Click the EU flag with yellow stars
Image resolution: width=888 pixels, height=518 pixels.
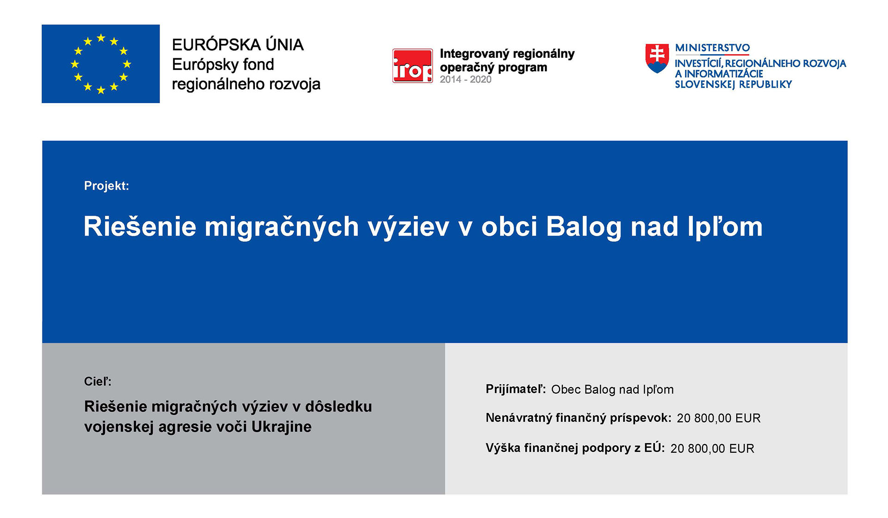[x=101, y=64]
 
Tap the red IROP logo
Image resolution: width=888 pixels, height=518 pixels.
[x=413, y=66]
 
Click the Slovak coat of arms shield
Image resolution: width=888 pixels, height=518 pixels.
[x=657, y=58]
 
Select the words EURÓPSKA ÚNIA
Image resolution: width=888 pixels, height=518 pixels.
[x=238, y=45]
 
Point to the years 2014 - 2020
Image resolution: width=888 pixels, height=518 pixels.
[x=465, y=80]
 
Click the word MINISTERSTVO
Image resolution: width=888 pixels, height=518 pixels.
[x=712, y=48]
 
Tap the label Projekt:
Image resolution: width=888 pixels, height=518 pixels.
[x=106, y=186]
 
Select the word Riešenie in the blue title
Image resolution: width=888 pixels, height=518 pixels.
[x=140, y=226]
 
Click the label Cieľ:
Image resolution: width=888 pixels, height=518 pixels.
[x=98, y=382]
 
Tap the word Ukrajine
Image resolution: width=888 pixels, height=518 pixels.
[x=281, y=427]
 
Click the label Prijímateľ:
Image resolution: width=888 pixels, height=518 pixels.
[x=516, y=389]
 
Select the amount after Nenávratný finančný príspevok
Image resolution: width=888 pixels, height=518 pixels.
[x=719, y=419]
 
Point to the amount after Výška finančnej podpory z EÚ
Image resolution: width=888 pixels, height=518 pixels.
[x=712, y=449]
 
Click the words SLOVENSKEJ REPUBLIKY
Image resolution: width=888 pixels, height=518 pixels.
[x=734, y=85]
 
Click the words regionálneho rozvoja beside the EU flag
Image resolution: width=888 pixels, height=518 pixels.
[x=246, y=84]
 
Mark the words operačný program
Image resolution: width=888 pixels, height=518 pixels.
[x=493, y=68]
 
